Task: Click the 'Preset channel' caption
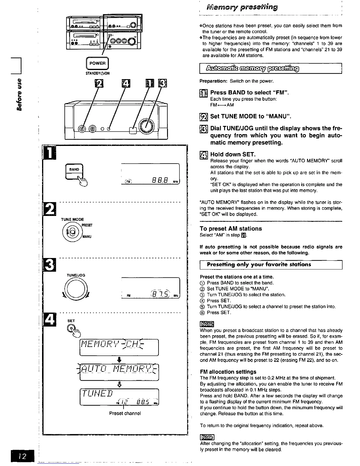coord(125,413)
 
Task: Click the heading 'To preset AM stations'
coord(231,229)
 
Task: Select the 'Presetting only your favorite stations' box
coord(259,264)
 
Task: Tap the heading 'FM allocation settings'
coord(228,372)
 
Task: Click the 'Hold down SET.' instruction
coord(233,154)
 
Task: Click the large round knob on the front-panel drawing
coord(146,126)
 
